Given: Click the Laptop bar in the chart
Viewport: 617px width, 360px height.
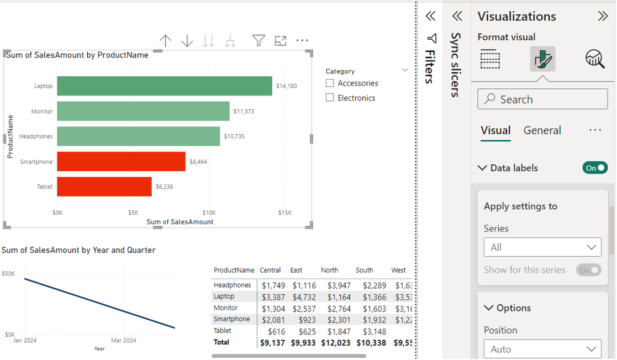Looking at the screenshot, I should [164, 86].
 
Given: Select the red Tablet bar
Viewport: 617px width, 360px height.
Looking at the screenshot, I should [104, 187].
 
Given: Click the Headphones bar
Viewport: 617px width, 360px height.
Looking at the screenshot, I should [138, 136].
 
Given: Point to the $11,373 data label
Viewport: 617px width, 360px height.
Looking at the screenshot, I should [244, 112].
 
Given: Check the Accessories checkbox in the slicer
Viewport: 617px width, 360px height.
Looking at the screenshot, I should [330, 83].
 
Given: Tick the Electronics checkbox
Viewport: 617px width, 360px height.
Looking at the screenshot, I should [330, 98].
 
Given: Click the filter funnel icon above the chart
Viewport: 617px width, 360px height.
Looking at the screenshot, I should [258, 40].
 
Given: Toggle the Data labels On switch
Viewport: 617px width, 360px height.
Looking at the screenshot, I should [595, 168].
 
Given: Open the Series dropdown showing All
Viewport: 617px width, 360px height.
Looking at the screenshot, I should [542, 247].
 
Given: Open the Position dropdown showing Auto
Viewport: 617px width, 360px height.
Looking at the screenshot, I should [542, 349].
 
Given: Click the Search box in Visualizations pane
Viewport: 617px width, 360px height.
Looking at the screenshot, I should [542, 99].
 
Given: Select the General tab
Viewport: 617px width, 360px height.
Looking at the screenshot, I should [542, 130].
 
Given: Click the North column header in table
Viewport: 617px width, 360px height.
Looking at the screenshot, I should [329, 271].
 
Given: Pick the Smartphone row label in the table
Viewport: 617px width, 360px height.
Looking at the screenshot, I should [232, 319].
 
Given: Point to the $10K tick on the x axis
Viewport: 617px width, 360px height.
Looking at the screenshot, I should [209, 213].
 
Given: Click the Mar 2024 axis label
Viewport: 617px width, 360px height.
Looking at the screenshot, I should [123, 340].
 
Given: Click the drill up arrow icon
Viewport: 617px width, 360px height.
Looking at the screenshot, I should [165, 40].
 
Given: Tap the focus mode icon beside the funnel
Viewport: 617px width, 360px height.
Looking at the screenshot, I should [281, 40].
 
